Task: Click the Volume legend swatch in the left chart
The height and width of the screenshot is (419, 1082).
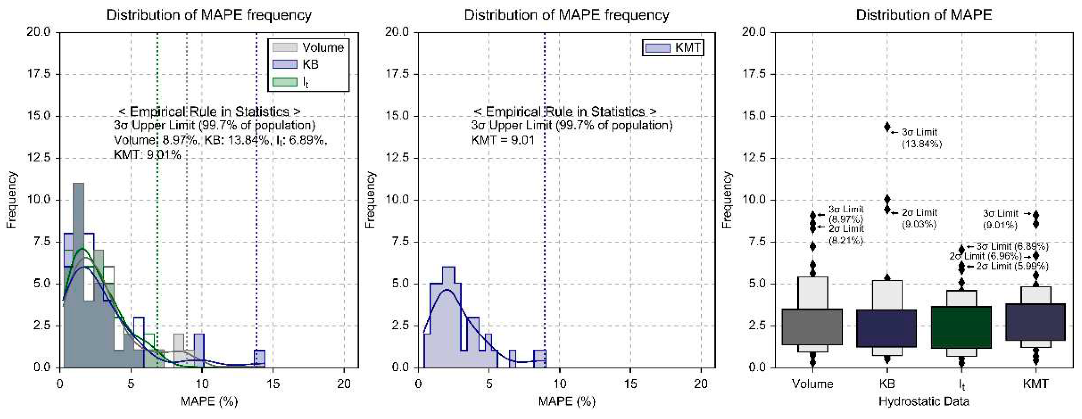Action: (284, 47)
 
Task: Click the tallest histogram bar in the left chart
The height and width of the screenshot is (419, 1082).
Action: (79, 273)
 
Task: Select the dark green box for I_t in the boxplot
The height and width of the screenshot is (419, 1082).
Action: (961, 327)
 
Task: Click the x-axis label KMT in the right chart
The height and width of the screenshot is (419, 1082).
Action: (1036, 383)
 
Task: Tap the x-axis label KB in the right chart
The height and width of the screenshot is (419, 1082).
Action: (887, 383)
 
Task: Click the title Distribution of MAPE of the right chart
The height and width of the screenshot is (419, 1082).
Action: (924, 15)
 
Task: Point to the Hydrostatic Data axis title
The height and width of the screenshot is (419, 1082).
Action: (924, 401)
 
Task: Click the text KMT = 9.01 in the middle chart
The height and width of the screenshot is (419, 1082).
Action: (503, 140)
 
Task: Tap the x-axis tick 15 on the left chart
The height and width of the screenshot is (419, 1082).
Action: (273, 383)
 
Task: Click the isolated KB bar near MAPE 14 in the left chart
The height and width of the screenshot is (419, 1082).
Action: (260, 358)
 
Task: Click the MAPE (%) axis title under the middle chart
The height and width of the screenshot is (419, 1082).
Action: (567, 401)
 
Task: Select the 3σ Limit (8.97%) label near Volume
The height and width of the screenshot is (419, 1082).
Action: (845, 214)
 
